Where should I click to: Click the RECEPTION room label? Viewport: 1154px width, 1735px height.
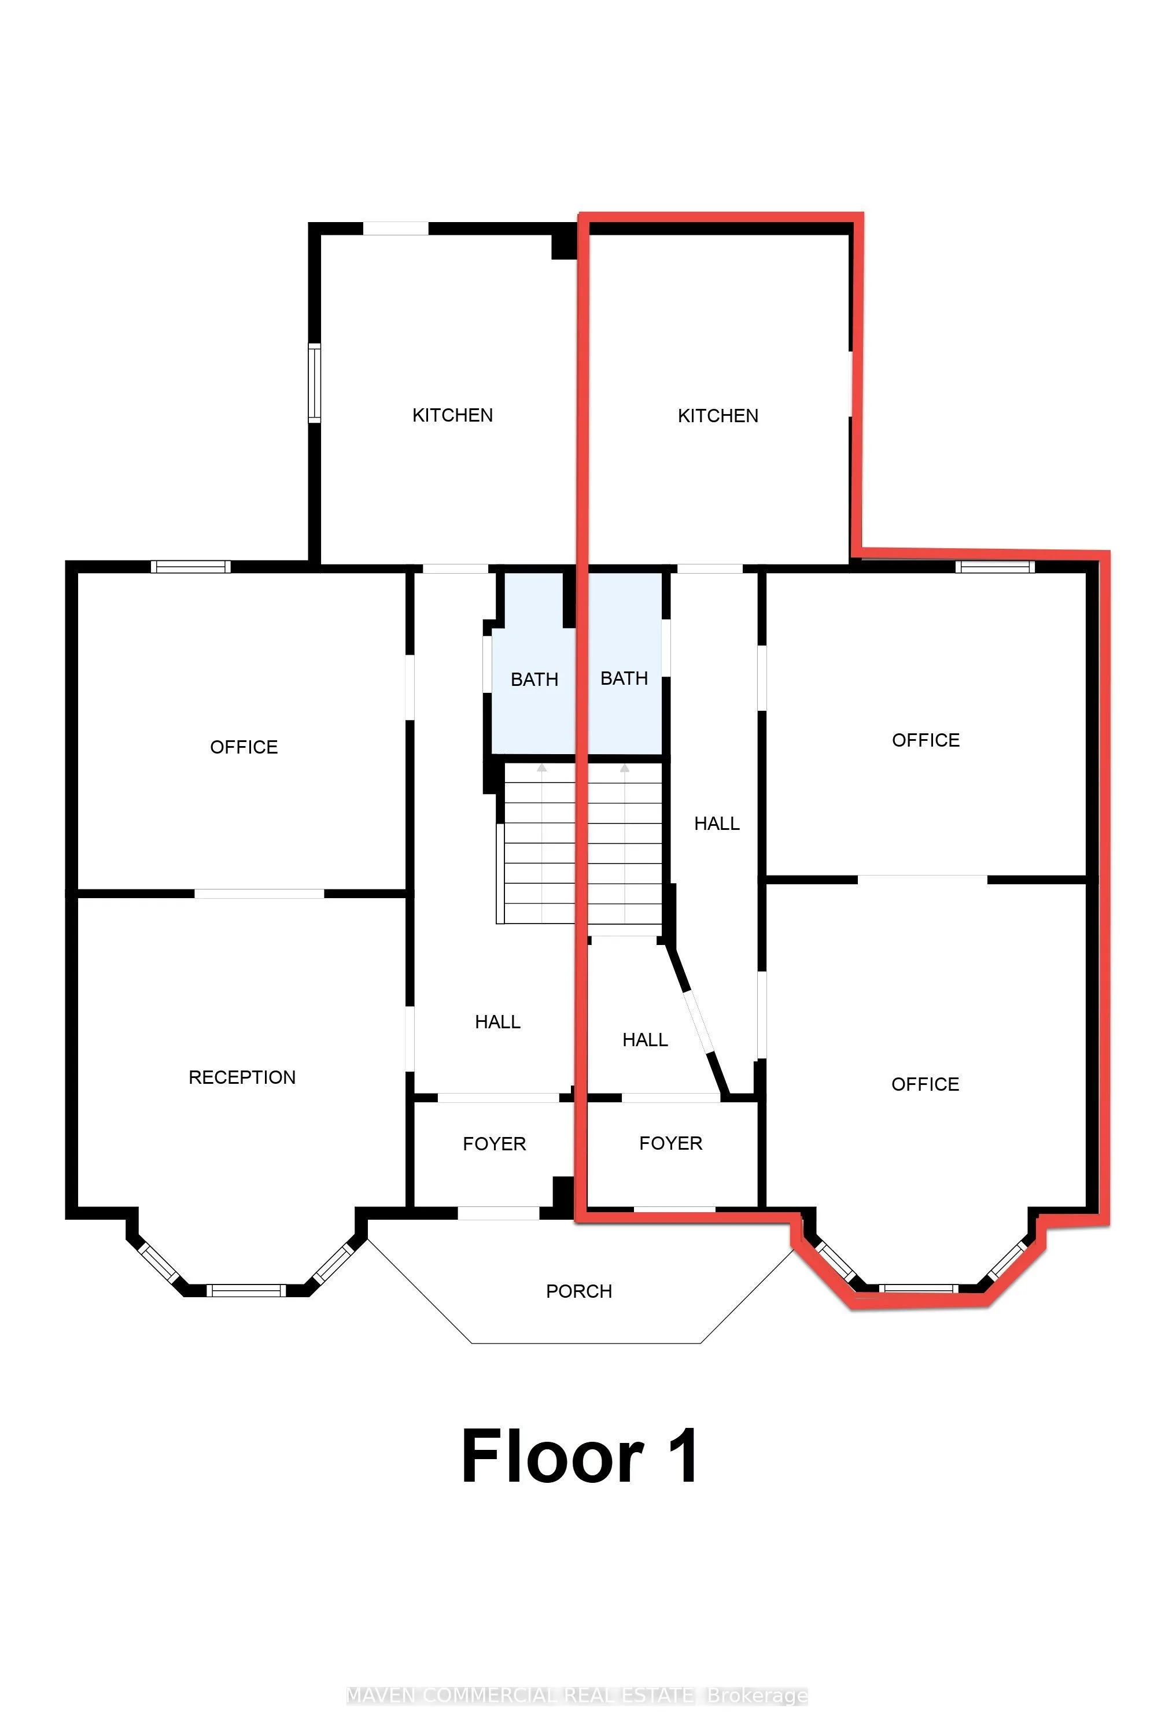[242, 1077]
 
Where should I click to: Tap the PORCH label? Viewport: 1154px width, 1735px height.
[578, 1291]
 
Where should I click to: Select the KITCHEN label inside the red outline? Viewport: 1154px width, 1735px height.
[718, 416]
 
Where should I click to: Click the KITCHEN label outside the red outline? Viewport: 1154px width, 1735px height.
[452, 415]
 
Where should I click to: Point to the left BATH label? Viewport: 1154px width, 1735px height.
[534, 679]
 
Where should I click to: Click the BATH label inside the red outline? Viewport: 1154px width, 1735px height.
[624, 678]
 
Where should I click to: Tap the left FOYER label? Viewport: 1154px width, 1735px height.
[494, 1143]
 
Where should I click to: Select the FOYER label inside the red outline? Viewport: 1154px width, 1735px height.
[670, 1143]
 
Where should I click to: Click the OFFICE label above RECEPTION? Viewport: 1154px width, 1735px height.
[244, 747]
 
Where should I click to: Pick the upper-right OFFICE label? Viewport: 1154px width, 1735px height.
[925, 740]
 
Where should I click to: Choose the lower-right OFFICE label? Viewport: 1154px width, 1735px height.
[924, 1084]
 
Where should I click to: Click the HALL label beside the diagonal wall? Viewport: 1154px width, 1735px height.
[645, 1040]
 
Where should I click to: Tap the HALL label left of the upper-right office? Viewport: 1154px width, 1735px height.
[716, 824]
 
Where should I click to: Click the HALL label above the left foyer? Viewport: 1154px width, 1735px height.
[497, 1021]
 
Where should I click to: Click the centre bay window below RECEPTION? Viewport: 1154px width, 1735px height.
[245, 1289]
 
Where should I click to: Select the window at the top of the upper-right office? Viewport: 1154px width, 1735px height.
[995, 567]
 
